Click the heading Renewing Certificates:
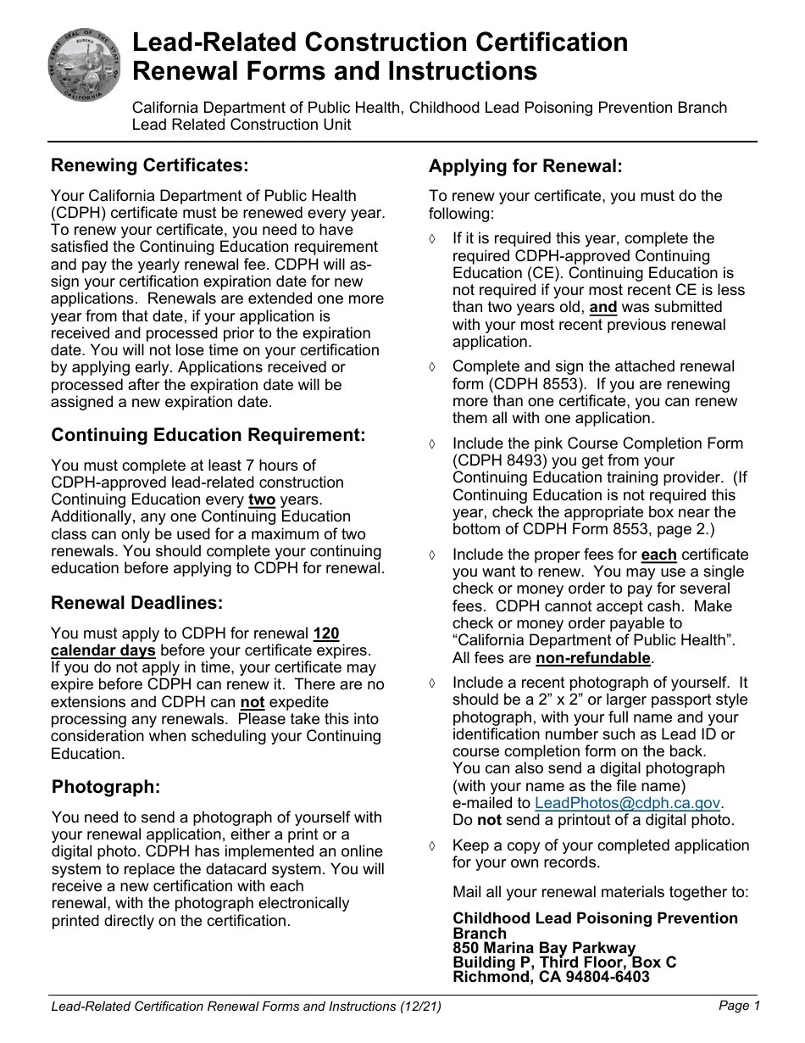pyautogui.click(x=150, y=165)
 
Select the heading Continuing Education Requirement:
pyautogui.click(x=208, y=435)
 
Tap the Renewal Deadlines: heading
pyautogui.click(x=137, y=603)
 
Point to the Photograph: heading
pyautogui.click(x=106, y=787)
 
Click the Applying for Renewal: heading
pyautogui.click(x=525, y=165)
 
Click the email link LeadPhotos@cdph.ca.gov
pyautogui.click(x=628, y=803)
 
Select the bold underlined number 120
pyautogui.click(x=326, y=633)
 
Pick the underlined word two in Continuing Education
pyautogui.click(x=262, y=499)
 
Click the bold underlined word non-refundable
pyautogui.click(x=593, y=657)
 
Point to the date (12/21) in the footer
pyautogui.click(x=420, y=1007)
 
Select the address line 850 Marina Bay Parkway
pyautogui.click(x=544, y=947)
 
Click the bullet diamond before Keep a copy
pyautogui.click(x=433, y=846)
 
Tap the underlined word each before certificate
pyautogui.click(x=658, y=555)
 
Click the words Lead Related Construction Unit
pyautogui.click(x=241, y=125)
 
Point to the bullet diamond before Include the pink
pyautogui.click(x=433, y=444)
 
